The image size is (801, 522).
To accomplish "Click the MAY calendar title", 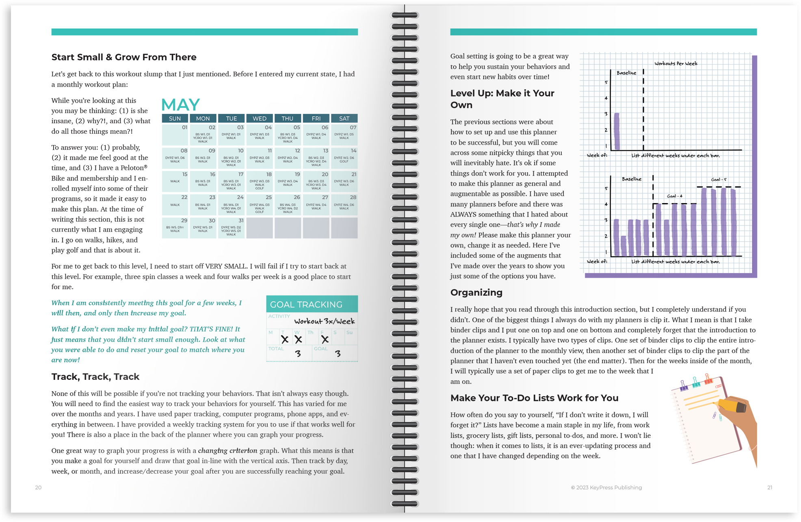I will (180, 105).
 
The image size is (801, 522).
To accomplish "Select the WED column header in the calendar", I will (259, 118).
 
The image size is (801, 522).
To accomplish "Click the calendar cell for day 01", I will (175, 134).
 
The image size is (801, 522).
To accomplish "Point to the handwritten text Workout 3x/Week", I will (324, 321).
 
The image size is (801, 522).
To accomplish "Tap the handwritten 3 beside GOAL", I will (338, 354).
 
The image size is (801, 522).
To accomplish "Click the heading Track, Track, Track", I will (95, 377).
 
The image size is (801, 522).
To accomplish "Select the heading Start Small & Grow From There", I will (124, 57).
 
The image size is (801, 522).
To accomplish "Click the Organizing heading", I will (476, 292).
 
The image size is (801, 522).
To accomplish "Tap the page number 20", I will (38, 487).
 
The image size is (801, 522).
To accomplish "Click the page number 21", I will (769, 487).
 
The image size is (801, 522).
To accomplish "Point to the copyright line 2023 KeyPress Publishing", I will (606, 487).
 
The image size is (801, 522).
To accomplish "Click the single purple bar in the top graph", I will (617, 131).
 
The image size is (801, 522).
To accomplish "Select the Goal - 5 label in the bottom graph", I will (719, 180).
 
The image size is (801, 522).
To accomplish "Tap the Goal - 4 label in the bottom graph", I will (674, 196).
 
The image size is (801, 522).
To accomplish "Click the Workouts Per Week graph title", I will (675, 63).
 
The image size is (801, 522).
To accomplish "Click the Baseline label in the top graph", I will (626, 73).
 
